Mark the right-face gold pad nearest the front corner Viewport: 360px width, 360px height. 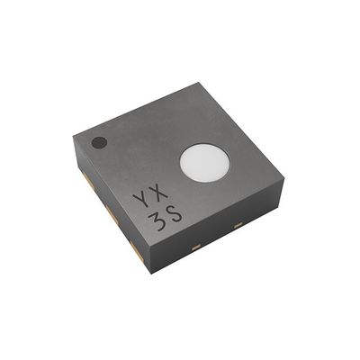pos(196,242)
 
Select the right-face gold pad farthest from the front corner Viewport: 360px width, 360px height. pos(237,220)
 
